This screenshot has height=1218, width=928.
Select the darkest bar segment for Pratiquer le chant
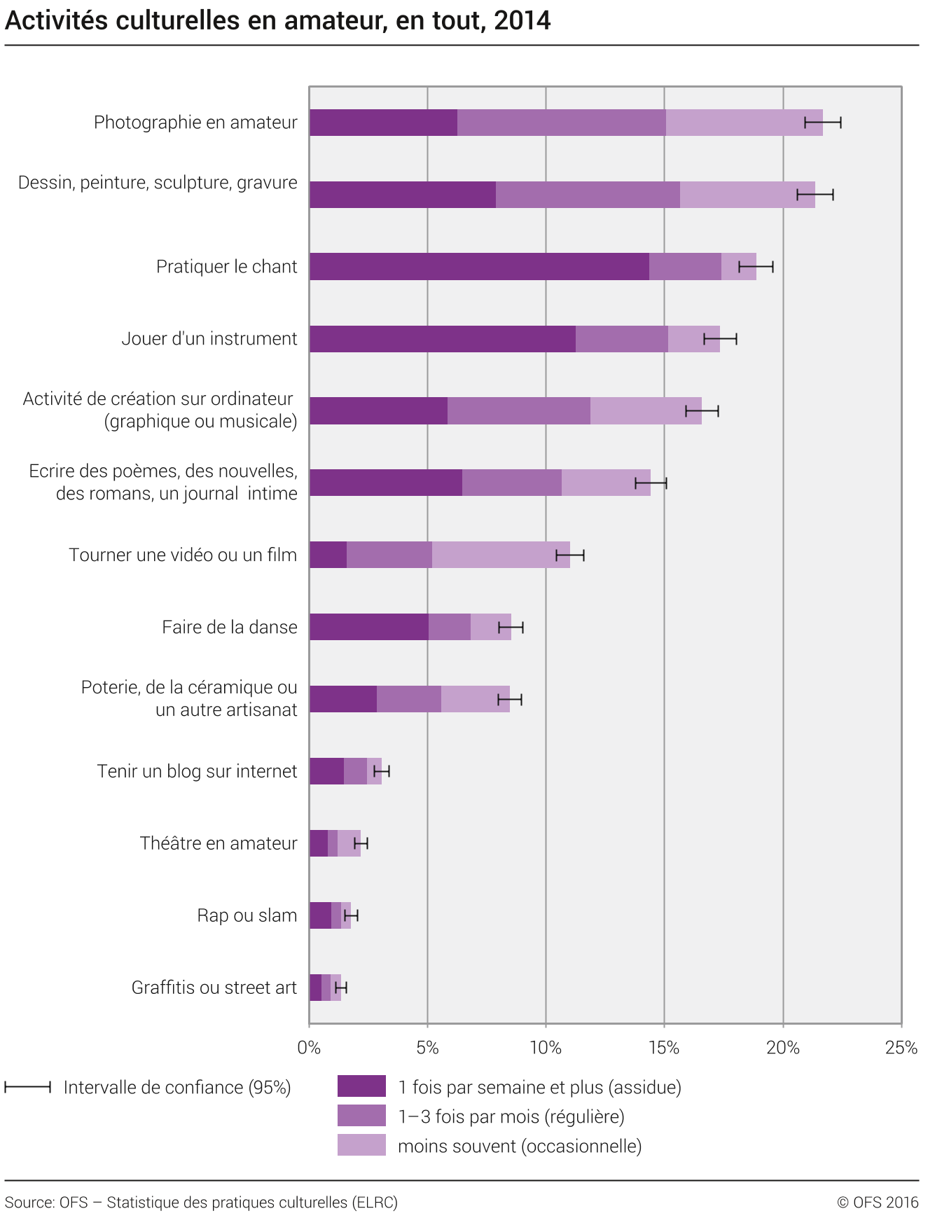479,267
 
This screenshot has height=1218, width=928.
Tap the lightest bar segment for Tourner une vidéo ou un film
501,555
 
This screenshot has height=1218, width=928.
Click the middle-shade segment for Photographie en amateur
561,123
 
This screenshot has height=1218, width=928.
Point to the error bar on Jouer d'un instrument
720,340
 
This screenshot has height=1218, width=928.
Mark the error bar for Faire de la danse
511,628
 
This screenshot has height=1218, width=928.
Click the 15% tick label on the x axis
664,1048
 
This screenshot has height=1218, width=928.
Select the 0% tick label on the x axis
309,1048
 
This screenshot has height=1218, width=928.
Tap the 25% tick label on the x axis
901,1048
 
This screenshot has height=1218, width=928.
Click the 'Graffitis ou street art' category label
214,988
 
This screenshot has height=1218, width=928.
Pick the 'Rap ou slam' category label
247,915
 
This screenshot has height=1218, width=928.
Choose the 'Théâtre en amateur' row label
218,843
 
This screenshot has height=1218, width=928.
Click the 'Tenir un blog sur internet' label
197,771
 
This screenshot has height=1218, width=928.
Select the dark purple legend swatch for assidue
361,1086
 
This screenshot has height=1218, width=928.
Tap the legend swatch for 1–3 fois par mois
361,1116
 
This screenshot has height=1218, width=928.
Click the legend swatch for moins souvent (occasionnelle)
361,1145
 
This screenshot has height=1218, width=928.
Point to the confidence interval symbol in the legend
27,1087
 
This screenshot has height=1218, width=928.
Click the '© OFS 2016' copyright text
877,1203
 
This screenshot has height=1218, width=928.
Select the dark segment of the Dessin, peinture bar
403,195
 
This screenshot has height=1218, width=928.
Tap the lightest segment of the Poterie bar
475,699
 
